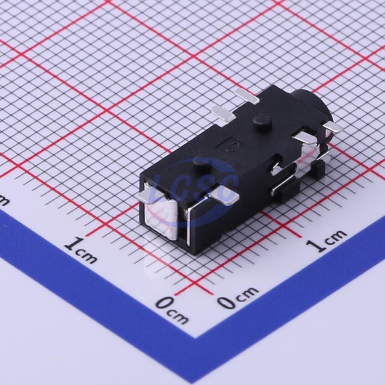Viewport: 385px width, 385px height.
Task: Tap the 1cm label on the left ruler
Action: tap(80, 250)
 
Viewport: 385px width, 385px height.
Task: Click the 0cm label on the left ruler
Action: tap(172, 310)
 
